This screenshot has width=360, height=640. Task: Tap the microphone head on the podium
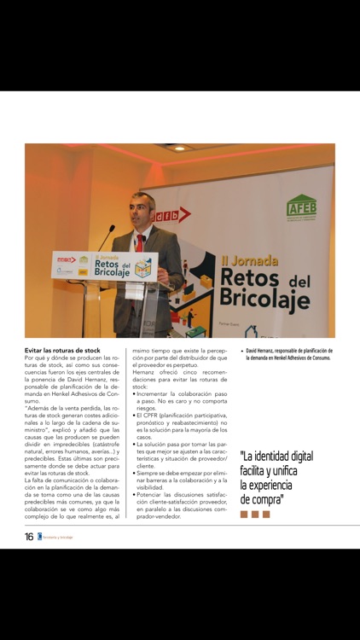point(112,229)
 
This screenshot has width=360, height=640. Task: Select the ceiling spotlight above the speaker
point(178,148)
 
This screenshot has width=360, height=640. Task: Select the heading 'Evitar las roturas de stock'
point(62,351)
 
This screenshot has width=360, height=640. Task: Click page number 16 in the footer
point(29,537)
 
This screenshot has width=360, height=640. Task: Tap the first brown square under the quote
point(244,515)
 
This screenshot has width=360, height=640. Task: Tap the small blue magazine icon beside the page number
point(39,537)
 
